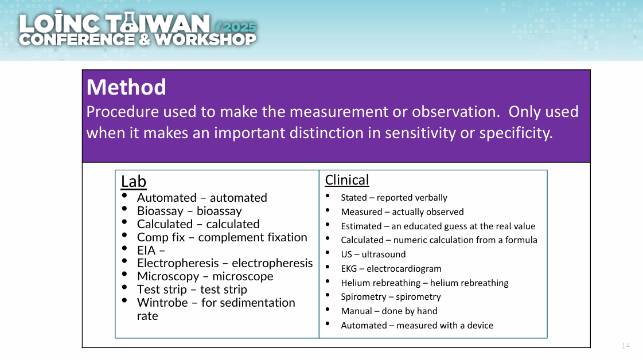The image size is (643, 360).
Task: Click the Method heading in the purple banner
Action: tap(126, 87)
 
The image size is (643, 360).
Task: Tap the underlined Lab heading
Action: tap(133, 181)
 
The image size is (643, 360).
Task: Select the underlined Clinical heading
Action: tap(347, 180)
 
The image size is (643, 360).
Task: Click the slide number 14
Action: tap(626, 346)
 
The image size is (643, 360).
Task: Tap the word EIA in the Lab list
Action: tap(146, 250)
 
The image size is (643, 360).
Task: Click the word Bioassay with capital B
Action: tap(161, 211)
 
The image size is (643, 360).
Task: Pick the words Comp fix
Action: tap(161, 237)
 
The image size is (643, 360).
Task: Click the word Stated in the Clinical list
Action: tap(354, 198)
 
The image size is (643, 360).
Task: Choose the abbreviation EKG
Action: tap(349, 268)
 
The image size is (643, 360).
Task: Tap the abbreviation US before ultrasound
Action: tap(346, 254)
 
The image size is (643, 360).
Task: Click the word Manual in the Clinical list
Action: tap(356, 311)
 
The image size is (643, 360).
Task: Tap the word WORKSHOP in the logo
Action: tap(205, 40)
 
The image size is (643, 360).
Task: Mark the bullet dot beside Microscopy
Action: tap(124, 274)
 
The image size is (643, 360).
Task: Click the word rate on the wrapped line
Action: tap(147, 316)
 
